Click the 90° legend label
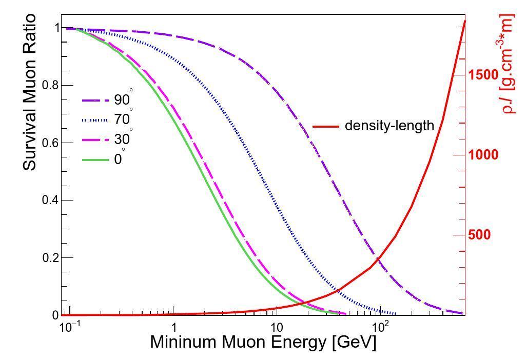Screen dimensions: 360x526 (123, 99)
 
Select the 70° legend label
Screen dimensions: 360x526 (123, 119)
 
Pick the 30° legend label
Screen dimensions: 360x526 (123, 139)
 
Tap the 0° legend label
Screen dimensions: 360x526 (119, 159)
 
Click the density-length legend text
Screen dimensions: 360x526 (389, 126)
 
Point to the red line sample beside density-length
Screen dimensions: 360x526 (325, 126)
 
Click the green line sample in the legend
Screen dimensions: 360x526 (95, 160)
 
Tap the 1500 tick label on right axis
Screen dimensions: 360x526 (483, 75)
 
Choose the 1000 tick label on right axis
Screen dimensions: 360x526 (483, 155)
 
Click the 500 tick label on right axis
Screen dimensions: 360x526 (479, 235)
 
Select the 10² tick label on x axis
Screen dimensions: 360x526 (380, 326)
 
